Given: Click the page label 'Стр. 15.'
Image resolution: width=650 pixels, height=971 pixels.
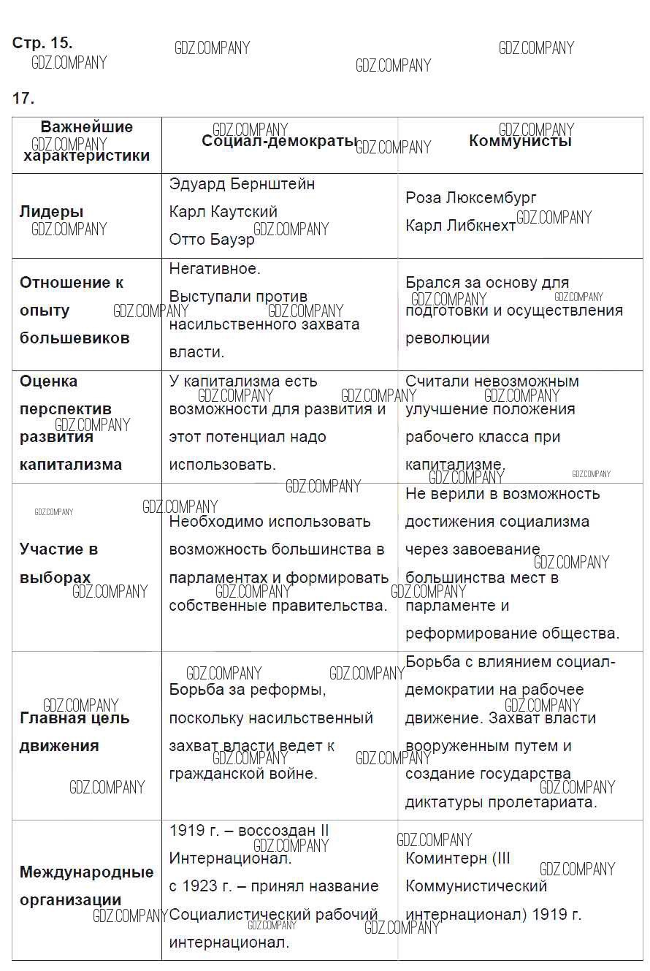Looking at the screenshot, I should pos(42,43).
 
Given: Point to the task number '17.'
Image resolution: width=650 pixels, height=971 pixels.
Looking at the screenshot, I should pos(23,99).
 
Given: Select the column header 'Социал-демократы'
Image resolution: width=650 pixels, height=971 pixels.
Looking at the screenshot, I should pos(280,142).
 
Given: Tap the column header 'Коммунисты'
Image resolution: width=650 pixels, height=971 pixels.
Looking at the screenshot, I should pos(520,141).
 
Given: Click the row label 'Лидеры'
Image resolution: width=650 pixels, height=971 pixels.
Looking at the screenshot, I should pos(51,212).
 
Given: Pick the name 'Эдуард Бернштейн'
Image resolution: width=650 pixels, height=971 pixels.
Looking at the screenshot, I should pos(242,184).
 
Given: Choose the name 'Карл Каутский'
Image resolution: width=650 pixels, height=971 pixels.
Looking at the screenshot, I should pos(223,212).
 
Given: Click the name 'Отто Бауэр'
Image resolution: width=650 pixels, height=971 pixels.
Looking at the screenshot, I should pos(212,240).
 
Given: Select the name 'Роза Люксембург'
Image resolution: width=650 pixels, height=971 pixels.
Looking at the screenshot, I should pos(471,198).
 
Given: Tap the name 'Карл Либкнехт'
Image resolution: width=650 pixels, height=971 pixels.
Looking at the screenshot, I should pos(461,226).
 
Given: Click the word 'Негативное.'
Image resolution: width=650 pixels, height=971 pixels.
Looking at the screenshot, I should pos(215,269).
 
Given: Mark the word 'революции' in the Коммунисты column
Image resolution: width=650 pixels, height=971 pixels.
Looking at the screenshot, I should pos(448,338).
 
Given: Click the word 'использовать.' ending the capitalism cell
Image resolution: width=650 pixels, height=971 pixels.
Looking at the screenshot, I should pos(223,465).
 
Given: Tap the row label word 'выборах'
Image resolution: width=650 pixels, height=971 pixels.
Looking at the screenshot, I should pos(56,577).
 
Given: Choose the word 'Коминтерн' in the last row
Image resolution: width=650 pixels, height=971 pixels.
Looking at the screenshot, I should pos(444,858).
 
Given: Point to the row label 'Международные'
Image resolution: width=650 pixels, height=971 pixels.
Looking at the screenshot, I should pos(87,872).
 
